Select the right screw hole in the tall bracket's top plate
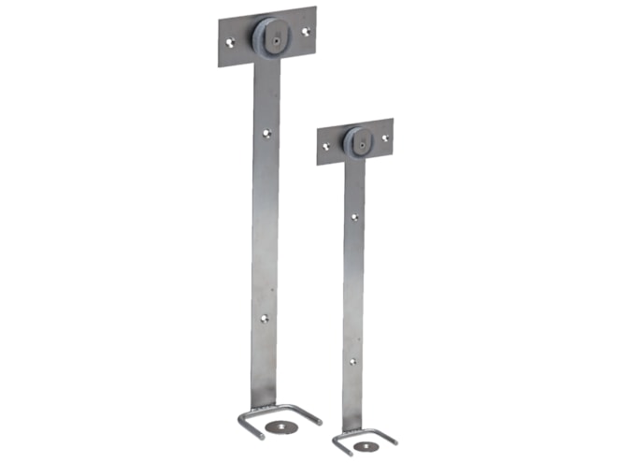point(305,31)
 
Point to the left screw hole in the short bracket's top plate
point(326,146)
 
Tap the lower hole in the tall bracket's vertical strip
point(265,318)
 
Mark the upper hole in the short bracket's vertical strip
point(353,217)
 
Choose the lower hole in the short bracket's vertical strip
point(352,360)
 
